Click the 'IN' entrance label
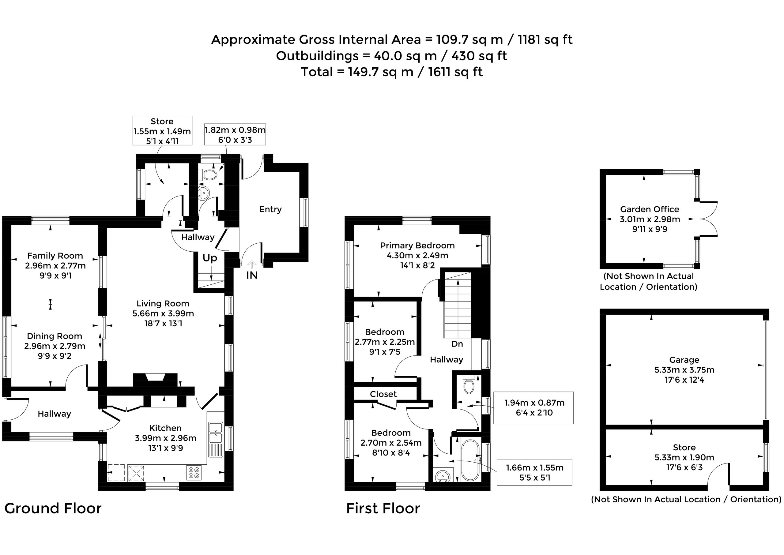pyautogui.click(x=252, y=275)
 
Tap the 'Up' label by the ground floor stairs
pyautogui.click(x=209, y=258)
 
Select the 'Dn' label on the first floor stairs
pyautogui.click(x=457, y=344)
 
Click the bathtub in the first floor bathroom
pyautogui.click(x=470, y=460)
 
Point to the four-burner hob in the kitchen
pyautogui.click(x=194, y=473)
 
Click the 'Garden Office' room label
pyautogui.click(x=650, y=209)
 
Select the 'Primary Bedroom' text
pyautogui.click(x=417, y=246)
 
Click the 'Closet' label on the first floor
pyautogui.click(x=383, y=394)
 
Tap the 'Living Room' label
pyautogui.click(x=163, y=303)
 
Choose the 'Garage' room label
pyautogui.click(x=684, y=360)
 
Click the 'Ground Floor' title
pyautogui.click(x=53, y=508)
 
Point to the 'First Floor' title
pyautogui.click(x=383, y=508)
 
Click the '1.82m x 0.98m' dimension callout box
pyautogui.click(x=235, y=134)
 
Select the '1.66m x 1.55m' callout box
pyautogui.click(x=534, y=472)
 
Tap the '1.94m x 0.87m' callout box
pyautogui.click(x=534, y=408)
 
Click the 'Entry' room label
pyautogui.click(x=270, y=209)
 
